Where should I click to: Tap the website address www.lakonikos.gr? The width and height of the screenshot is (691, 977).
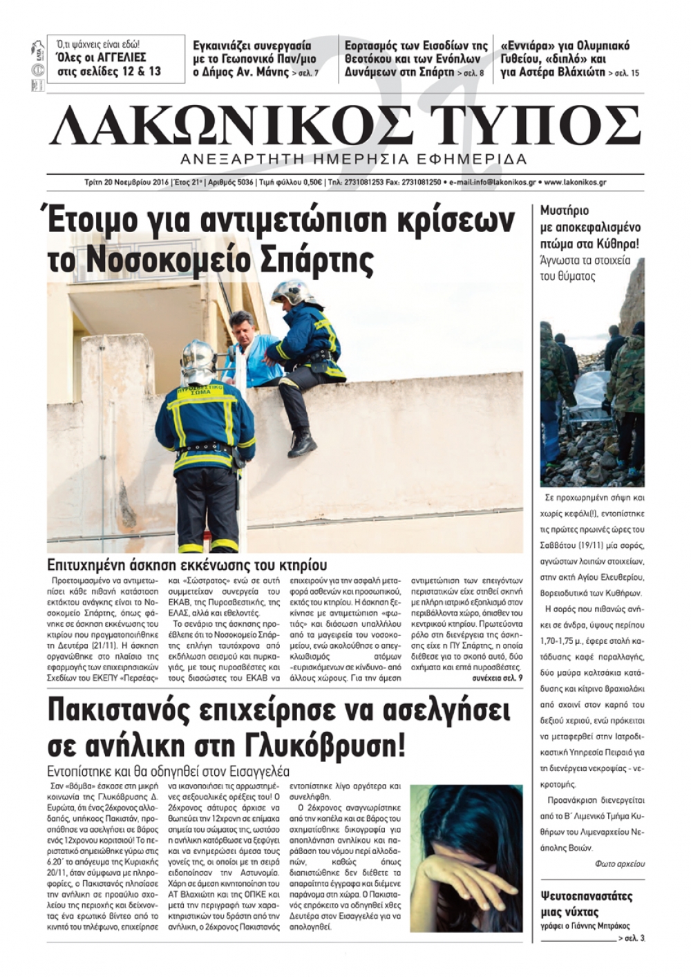coord(576,182)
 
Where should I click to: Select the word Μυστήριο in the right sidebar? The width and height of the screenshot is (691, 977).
coord(565,211)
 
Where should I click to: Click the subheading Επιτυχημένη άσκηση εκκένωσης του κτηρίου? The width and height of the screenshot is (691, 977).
coord(187,565)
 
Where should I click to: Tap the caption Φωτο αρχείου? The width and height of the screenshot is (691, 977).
coord(619,864)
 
